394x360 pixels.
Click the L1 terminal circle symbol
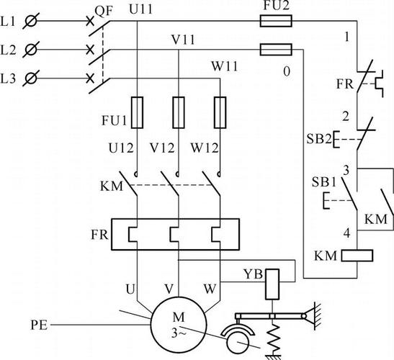pos(31,21)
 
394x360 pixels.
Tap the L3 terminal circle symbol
pos(31,78)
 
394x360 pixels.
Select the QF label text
pos(104,12)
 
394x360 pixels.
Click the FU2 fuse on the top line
pos(276,21)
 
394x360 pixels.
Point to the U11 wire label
pos(140,9)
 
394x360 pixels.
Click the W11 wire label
pos(225,66)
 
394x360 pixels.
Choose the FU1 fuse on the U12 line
pos(137,112)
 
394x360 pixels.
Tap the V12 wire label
pos(162,148)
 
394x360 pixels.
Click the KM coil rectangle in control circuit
pos(357,256)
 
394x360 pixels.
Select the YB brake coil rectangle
pos(272,284)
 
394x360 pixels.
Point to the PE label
pos(39,325)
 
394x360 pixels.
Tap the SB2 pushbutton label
pos(319,139)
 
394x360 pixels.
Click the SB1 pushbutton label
pos(324,182)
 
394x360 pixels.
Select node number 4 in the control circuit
pos(346,233)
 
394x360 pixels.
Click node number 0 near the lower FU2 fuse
pos(287,71)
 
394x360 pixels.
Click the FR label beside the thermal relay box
pos(99,235)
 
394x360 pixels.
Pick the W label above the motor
pos(210,289)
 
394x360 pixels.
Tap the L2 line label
pos(9,50)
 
